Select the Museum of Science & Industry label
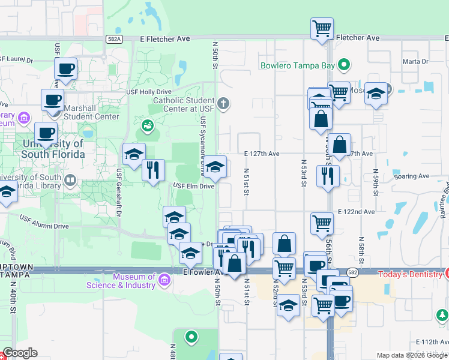click(x=134, y=281)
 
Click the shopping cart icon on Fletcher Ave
click(x=322, y=28)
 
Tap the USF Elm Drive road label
click(x=193, y=187)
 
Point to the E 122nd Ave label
click(x=356, y=212)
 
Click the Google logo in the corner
click(x=20, y=353)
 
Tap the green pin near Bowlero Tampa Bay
click(x=344, y=65)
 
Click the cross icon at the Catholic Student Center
click(x=223, y=104)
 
